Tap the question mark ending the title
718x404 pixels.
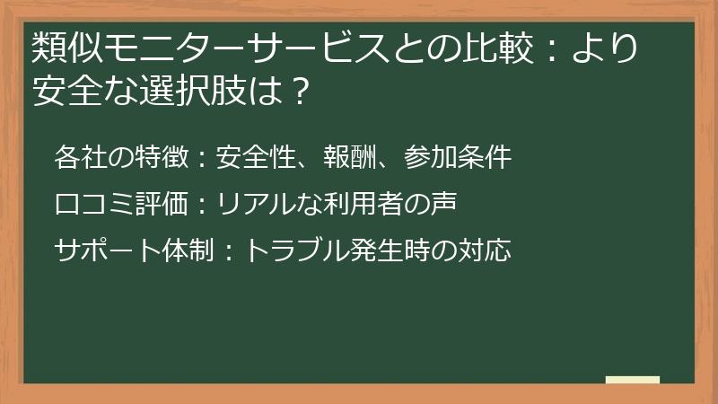(302, 90)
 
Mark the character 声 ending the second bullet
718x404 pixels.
(445, 204)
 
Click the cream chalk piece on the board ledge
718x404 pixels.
(633, 381)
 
